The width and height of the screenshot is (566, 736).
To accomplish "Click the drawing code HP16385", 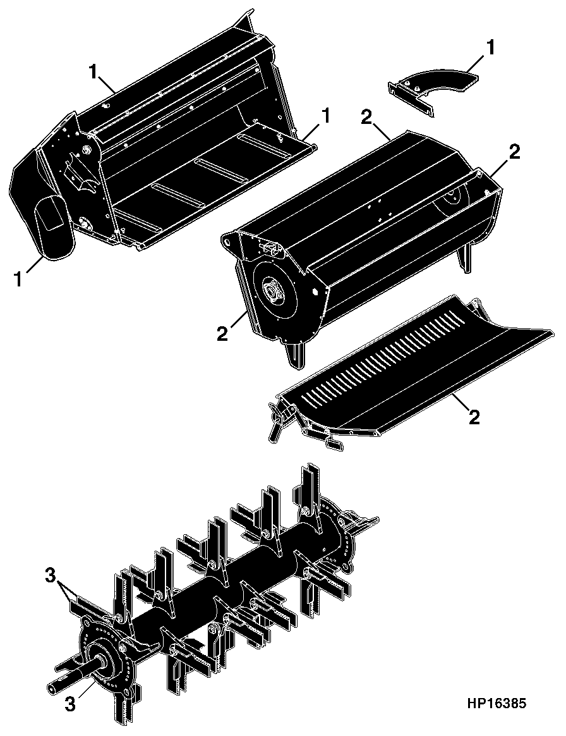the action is pyautogui.click(x=497, y=704).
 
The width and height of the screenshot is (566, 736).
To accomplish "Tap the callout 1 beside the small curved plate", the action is pyautogui.click(x=490, y=48).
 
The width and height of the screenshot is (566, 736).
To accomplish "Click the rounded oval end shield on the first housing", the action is pyautogui.click(x=54, y=227).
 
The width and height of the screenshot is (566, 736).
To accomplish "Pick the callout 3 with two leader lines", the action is pyautogui.click(x=51, y=576).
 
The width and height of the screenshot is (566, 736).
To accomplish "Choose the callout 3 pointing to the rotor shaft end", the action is pyautogui.click(x=70, y=704).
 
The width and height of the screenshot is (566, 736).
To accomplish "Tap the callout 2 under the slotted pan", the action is pyautogui.click(x=474, y=416).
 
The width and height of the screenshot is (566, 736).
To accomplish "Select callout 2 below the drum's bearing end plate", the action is pyautogui.click(x=222, y=334).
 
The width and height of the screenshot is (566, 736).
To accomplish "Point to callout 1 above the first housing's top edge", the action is pyautogui.click(x=93, y=72).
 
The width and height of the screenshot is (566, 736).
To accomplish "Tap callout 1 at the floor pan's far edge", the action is pyautogui.click(x=325, y=116).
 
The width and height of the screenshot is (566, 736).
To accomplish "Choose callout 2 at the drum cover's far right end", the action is pyautogui.click(x=514, y=152).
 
